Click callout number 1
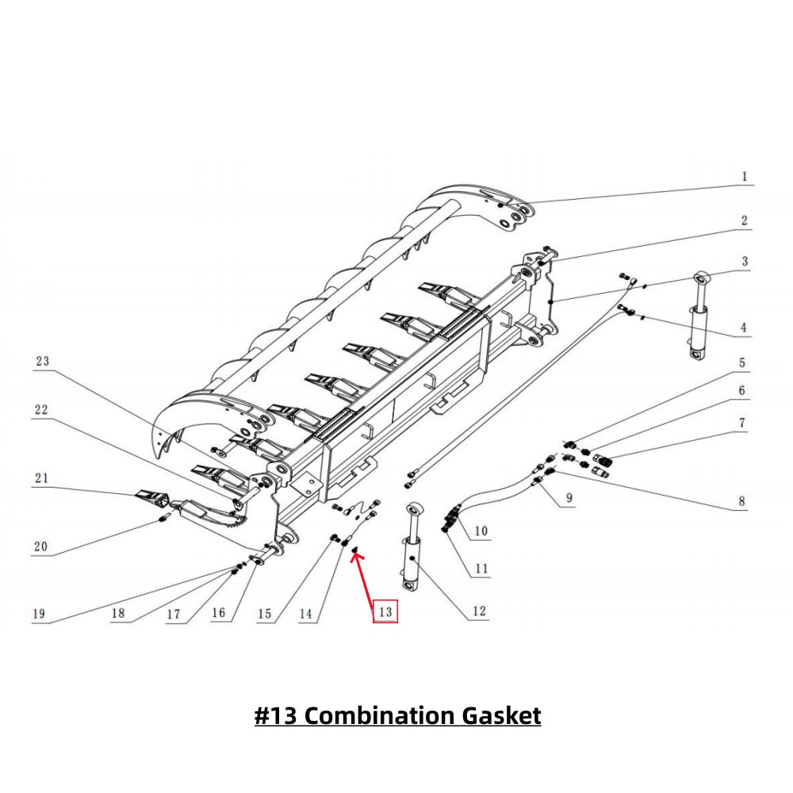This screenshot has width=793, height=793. click(744, 176)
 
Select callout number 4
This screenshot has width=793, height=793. click(744, 327)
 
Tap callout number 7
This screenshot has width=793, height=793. click(743, 423)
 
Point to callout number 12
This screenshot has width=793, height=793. click(478, 611)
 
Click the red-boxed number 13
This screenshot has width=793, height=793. click(385, 611)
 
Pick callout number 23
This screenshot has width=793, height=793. click(42, 361)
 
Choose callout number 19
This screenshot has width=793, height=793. click(38, 613)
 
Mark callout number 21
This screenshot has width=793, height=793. click(41, 477)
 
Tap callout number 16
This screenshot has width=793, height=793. click(219, 613)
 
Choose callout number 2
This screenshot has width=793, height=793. click(744, 220)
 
